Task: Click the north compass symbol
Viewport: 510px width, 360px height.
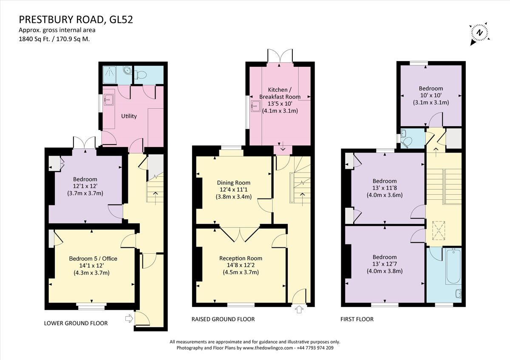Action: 479,33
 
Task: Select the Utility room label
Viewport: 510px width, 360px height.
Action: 129,116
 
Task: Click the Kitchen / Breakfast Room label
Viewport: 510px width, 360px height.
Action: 280,93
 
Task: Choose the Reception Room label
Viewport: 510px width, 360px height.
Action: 241,258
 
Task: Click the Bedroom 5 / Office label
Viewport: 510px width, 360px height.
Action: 93,258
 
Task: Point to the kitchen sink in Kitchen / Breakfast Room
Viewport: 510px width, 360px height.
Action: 256,106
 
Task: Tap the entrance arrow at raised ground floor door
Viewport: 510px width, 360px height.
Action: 299,310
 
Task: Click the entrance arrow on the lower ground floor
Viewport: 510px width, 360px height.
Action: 129,317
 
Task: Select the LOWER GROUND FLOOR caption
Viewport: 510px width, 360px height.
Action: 76,323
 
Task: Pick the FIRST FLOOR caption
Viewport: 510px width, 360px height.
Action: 357,319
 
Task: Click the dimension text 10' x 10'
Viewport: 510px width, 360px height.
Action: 431,95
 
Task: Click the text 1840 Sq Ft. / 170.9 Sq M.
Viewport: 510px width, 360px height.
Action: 54,38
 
